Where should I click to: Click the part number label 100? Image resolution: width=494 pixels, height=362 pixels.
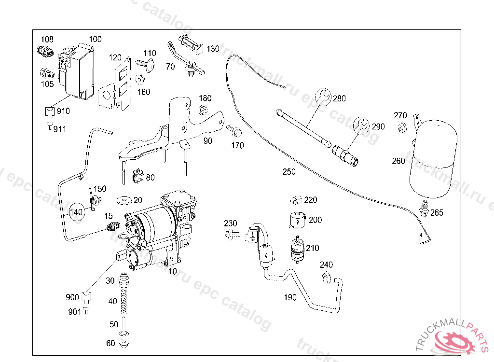(96, 39)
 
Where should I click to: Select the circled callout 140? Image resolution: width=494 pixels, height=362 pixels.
(77, 211)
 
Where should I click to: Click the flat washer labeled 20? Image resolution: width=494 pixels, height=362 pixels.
(124, 199)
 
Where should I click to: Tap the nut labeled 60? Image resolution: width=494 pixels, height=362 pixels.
(124, 343)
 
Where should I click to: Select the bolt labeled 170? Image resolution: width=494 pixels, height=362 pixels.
(234, 131)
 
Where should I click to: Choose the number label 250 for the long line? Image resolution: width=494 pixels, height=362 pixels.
(289, 172)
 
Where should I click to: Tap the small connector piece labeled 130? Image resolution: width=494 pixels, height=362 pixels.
(190, 43)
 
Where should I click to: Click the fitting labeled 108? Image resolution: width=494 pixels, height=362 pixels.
(44, 50)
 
